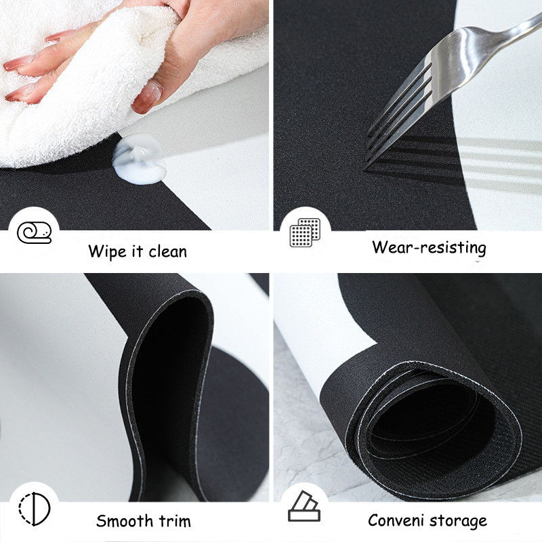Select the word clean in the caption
point(167,251)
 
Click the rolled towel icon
point(35,232)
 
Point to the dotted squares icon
point(305,232)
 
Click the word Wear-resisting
point(429,247)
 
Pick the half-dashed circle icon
point(35,509)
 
